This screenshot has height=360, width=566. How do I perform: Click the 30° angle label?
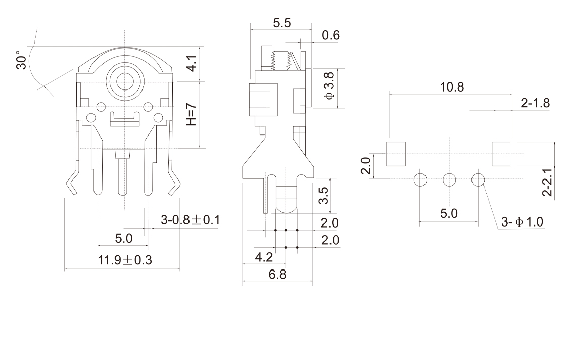pos(21,60)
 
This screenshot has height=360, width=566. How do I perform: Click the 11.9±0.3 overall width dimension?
pos(125,260)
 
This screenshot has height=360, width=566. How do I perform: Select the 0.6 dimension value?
pos(331,35)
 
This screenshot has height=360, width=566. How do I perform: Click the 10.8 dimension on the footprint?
pos(451,87)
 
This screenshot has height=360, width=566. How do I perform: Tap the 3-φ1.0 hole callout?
pos(523,222)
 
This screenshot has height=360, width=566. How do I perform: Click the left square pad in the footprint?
pos(396,154)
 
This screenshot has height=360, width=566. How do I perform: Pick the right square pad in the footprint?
pos(502,154)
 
